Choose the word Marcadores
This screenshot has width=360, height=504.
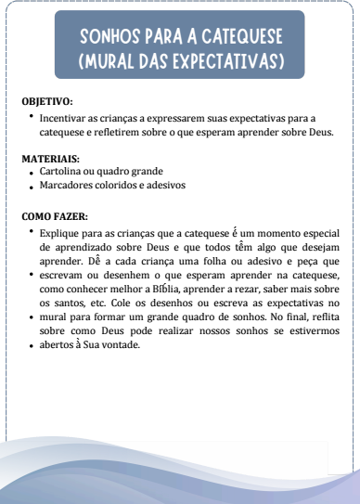pos(69,185)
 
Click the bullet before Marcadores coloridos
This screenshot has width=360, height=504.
pos(32,186)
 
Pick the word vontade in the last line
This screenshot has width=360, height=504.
pos(117,345)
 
